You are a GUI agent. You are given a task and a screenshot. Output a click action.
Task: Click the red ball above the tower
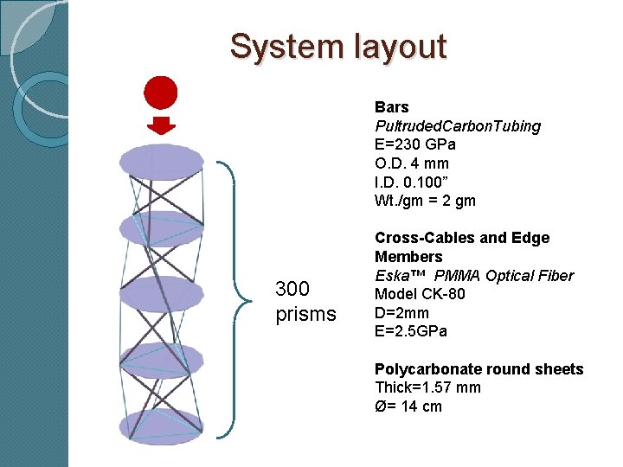[160, 93]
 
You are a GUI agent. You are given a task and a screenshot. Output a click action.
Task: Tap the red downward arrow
[160, 125]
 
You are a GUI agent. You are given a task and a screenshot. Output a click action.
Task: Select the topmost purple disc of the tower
[161, 161]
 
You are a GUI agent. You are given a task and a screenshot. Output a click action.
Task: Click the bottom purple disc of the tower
[161, 426]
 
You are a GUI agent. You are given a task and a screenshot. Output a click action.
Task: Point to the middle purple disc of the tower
[161, 294]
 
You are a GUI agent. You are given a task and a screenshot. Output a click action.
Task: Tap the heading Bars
[392, 107]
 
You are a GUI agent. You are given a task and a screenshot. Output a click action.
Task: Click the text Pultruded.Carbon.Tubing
[458, 126]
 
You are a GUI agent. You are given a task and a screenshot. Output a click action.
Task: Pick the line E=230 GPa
[415, 145]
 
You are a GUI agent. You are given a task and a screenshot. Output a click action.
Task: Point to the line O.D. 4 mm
[412, 163]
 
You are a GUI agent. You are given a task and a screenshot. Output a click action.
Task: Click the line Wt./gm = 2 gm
[425, 202]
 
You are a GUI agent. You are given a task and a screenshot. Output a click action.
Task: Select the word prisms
[305, 314]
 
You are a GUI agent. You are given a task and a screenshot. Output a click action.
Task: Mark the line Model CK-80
[420, 294]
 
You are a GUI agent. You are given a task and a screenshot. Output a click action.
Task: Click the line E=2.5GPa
[411, 331]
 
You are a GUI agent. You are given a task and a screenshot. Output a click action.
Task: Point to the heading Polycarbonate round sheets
[478, 369]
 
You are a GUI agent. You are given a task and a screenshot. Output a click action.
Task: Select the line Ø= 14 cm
[408, 406]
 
